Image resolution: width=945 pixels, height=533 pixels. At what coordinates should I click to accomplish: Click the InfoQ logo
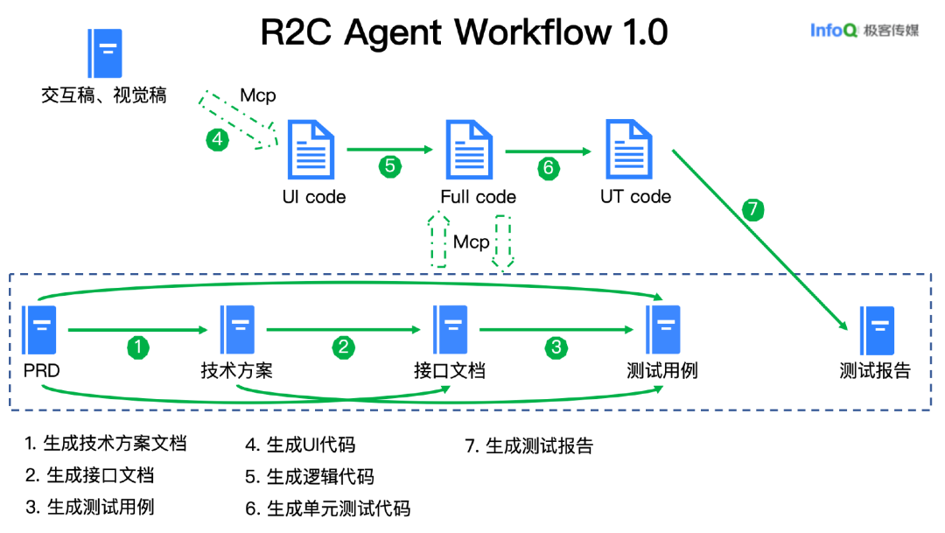coord(833,31)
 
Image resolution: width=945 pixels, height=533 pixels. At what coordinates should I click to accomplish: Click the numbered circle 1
coord(137,347)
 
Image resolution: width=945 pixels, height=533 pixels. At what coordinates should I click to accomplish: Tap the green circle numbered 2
coord(344,347)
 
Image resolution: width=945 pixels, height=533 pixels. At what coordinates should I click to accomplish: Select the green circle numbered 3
coord(556,347)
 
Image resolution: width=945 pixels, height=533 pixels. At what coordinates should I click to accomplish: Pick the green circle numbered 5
coord(390,166)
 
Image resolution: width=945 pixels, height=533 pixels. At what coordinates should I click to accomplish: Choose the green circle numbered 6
coord(549,167)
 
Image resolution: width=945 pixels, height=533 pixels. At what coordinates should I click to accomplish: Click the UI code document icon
coord(311,150)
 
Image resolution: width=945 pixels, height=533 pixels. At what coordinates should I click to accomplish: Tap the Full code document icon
coord(470,150)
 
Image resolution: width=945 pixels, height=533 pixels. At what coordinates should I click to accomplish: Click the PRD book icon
coord(40,330)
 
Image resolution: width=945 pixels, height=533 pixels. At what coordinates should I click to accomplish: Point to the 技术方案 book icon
coord(238,330)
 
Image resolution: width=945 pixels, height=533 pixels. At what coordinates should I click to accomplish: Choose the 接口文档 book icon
coord(451,330)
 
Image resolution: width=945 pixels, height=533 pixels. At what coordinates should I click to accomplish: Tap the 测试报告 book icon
coord(876,330)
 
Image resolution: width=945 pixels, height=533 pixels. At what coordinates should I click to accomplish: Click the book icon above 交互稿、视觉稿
coord(105,54)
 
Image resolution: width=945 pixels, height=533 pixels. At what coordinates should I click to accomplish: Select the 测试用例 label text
coord(662,370)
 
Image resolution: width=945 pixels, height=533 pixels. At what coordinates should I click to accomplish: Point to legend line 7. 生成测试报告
coord(529,445)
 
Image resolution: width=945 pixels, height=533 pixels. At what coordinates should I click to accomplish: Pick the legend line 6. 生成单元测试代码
coord(328,508)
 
